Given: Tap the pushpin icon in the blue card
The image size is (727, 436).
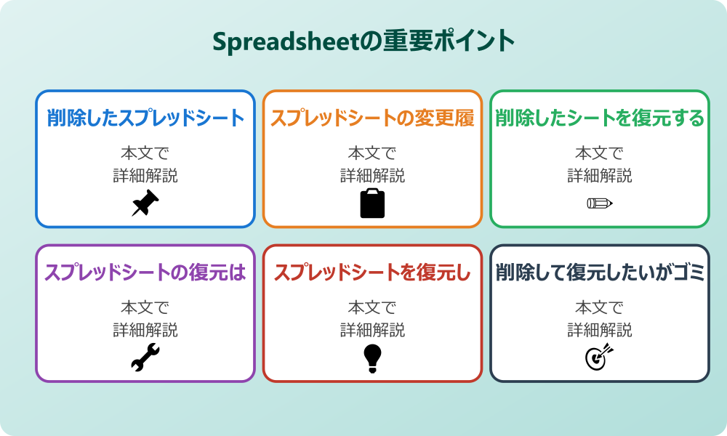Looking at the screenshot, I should [145, 203].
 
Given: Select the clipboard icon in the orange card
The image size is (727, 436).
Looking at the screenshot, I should [372, 203].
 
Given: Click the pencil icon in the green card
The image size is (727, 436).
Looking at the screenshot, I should [600, 203].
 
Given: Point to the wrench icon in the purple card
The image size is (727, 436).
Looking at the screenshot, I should [145, 358].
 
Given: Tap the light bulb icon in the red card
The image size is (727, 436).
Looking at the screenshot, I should [372, 358].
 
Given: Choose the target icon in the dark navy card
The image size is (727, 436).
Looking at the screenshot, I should [600, 358].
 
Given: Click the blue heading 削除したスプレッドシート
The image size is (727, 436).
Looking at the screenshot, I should [145, 118].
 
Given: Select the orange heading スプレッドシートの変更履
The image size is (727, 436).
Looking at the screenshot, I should [372, 118].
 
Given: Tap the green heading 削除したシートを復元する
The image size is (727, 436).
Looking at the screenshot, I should [600, 118].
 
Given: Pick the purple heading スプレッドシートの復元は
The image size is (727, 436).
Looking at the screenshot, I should [145, 272].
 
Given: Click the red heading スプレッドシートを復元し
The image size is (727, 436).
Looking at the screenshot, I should [372, 272].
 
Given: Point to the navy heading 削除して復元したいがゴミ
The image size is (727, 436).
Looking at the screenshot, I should [600, 272].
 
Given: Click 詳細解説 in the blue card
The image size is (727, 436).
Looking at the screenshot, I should [145, 175].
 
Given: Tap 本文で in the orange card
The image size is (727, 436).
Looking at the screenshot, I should [372, 153].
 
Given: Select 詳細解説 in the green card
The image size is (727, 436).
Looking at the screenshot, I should [600, 175].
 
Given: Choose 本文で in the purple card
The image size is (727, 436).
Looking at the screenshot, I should [145, 307].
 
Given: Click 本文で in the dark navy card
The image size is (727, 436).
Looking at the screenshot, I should [600, 307].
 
